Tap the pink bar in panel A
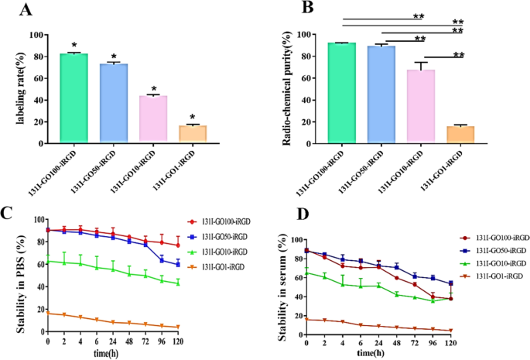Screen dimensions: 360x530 pyautogui.click(x=153, y=120)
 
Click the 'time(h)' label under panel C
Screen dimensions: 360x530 pyautogui.click(x=111, y=354)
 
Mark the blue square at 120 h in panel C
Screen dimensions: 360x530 pyautogui.click(x=178, y=265)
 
